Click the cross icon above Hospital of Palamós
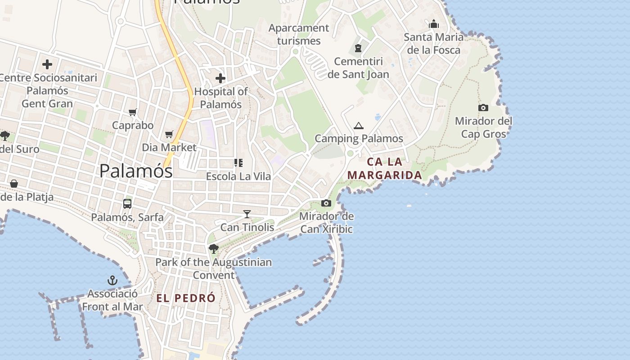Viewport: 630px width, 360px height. click(x=220, y=78)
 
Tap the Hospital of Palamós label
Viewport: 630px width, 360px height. click(x=221, y=98)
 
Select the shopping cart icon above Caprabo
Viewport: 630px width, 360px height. click(x=132, y=112)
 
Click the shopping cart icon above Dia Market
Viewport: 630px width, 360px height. click(x=169, y=134)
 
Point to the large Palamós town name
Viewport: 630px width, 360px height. click(x=136, y=171)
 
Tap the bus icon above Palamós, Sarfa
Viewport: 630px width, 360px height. click(x=127, y=204)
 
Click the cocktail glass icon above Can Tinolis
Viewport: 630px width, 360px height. click(x=247, y=214)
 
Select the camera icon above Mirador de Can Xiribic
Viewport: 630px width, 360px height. click(x=326, y=203)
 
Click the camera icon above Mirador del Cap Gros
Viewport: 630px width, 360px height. click(x=483, y=108)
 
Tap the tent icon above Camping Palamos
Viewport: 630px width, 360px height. click(x=358, y=126)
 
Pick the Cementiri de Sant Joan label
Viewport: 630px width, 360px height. click(x=358, y=67)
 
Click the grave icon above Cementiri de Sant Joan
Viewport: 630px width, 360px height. click(x=358, y=48)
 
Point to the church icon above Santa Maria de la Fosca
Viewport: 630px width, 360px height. click(x=434, y=24)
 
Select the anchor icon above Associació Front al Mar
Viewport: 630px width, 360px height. click(x=112, y=281)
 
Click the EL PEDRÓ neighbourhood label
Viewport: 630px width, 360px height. click(x=186, y=298)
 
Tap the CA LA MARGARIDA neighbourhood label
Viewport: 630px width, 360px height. click(x=385, y=168)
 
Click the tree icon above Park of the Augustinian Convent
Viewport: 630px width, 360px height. click(x=214, y=248)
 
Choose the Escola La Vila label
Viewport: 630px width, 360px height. click(x=238, y=176)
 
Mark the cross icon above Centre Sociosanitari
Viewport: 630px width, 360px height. click(x=47, y=64)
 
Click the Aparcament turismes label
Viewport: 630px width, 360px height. click(x=299, y=34)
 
